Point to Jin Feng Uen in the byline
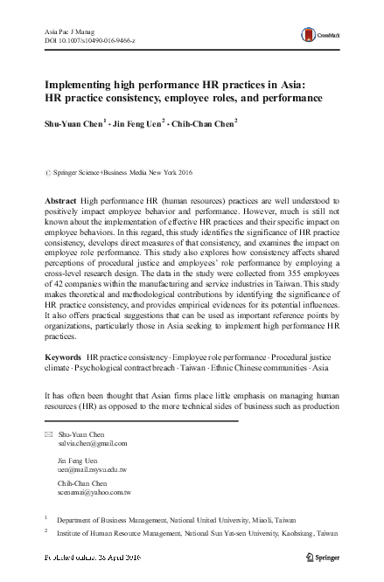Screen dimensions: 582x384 (x=138, y=123)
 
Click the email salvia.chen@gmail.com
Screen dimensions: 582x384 (x=92, y=443)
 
